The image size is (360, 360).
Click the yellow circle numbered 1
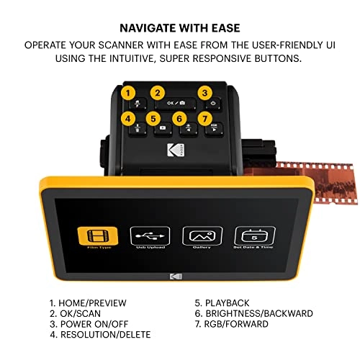129,93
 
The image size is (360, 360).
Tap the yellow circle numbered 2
158,93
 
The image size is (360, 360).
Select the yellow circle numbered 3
204,93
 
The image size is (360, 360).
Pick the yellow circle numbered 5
152,118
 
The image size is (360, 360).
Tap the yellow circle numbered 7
204,118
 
